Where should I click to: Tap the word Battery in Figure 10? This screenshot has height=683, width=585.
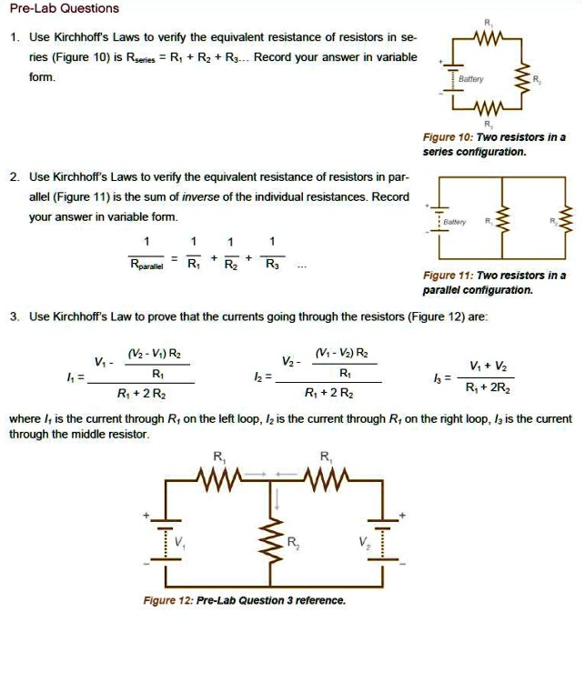click(x=470, y=80)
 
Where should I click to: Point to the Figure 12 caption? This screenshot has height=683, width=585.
click(x=244, y=600)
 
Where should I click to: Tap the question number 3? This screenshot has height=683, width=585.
click(x=15, y=316)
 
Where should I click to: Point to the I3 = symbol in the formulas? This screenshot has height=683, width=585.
click(x=443, y=376)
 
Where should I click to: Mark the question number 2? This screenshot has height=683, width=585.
click(x=15, y=176)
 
